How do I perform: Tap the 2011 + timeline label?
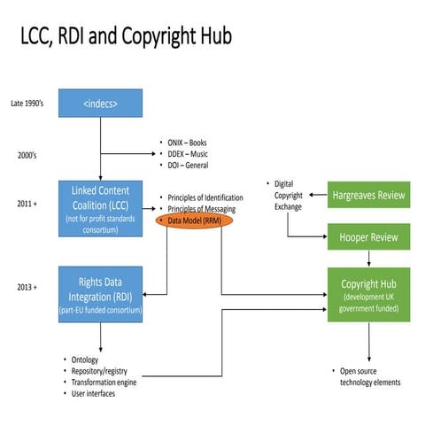tap(26, 204)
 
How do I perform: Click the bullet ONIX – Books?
tap(192, 143)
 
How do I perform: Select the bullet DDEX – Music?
tap(194, 153)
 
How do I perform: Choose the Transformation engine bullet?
tap(105, 382)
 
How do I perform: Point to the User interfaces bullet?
tap(94, 393)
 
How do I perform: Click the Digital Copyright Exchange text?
tap(289, 195)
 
